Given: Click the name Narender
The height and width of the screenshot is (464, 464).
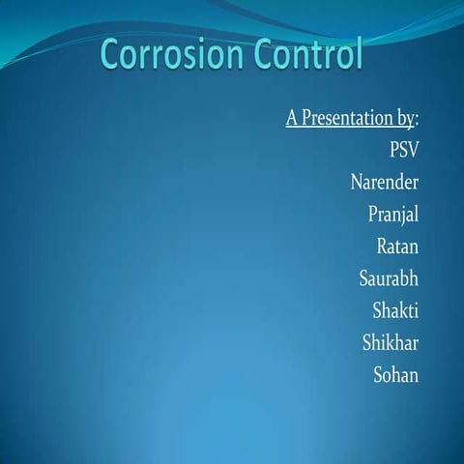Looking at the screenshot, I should (385, 182).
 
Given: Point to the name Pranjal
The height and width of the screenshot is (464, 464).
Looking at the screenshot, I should (393, 214).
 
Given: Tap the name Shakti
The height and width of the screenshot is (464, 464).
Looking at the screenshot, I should (395, 310).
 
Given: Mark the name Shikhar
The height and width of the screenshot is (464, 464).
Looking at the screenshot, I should (391, 342).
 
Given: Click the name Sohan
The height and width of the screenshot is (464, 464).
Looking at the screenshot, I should (396, 374).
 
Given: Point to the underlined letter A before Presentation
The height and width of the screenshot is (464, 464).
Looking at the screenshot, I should (293, 120).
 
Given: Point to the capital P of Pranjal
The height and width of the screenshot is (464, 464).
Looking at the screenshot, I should (374, 213).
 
